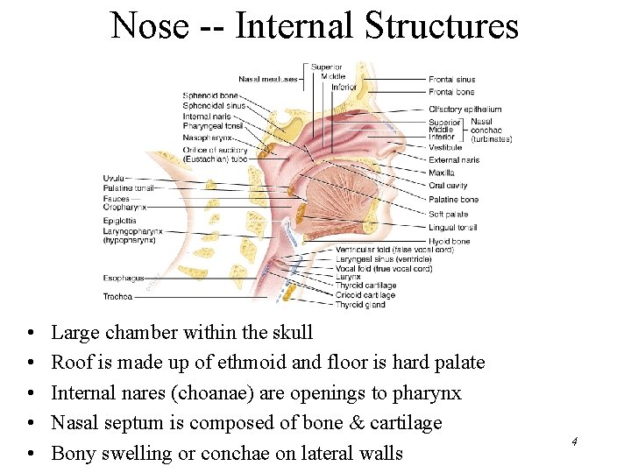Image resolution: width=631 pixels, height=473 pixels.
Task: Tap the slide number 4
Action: point(573,441)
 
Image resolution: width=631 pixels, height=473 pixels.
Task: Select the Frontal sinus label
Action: point(451,80)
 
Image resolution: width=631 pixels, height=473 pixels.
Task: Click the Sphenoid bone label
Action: point(210,95)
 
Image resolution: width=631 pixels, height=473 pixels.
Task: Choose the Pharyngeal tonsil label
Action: point(213,127)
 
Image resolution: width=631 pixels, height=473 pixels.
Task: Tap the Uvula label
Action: point(113,179)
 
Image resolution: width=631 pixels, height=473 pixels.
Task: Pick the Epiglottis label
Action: point(119,221)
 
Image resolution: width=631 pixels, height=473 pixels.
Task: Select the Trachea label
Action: point(117,296)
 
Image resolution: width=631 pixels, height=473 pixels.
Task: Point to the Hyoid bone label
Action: point(449,241)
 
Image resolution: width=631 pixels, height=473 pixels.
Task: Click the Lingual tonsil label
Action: point(453,228)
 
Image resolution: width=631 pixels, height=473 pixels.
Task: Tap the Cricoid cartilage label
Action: point(365,295)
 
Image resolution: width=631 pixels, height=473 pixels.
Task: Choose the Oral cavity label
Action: point(448,186)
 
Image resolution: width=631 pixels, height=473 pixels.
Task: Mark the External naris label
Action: point(454,160)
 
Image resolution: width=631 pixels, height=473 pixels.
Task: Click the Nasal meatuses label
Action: point(268,78)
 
